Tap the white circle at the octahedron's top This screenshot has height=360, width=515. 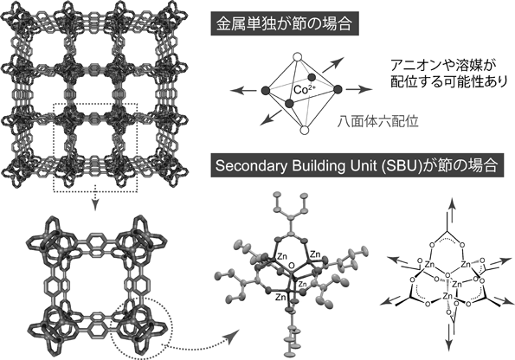[x=298, y=57]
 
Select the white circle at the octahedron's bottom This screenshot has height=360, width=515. [x=305, y=131]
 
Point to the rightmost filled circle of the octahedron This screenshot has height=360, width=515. [x=338, y=89]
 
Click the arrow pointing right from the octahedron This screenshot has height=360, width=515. [x=359, y=89]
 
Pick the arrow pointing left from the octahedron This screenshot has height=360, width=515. [x=243, y=90]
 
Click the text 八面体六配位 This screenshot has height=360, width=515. [x=378, y=122]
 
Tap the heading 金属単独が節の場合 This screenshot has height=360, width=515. [x=285, y=24]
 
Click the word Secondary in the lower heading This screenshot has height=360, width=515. [x=247, y=166]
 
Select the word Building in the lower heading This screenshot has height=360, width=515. [x=308, y=166]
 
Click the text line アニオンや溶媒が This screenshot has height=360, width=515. [x=441, y=66]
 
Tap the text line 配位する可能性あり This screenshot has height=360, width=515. [x=449, y=82]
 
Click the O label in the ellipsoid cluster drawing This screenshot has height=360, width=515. [x=290, y=266]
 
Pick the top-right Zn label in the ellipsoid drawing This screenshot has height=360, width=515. [x=316, y=254]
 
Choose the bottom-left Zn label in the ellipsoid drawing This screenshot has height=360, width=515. [x=280, y=297]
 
